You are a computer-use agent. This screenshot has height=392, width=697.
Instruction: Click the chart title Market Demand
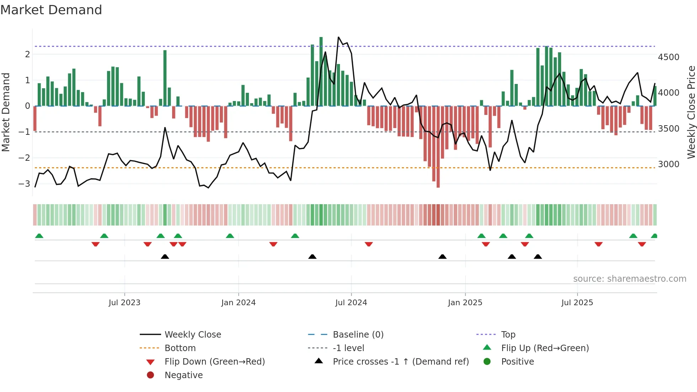click(51, 10)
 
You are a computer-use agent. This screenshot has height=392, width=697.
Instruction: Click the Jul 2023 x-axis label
click(124, 303)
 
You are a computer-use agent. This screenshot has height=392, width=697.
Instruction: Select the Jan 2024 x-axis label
click(238, 303)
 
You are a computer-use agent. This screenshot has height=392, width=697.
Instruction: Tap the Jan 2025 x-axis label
click(465, 303)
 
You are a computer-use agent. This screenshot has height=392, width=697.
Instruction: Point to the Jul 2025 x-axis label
click(577, 303)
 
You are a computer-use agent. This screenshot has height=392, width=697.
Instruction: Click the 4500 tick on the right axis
click(668, 57)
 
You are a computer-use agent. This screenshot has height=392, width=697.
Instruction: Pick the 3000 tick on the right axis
click(668, 164)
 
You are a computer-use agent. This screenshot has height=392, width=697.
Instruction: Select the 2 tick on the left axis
click(27, 54)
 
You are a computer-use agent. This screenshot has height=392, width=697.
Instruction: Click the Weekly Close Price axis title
click(691, 112)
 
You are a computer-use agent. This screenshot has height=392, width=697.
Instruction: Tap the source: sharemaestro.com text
click(629, 279)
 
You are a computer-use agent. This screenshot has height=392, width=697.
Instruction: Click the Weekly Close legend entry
click(192, 335)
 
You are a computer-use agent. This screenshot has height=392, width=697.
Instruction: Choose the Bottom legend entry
click(180, 348)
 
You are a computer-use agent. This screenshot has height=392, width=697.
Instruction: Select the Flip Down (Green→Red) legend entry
click(214, 362)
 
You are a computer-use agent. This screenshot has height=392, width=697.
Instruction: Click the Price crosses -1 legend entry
click(400, 362)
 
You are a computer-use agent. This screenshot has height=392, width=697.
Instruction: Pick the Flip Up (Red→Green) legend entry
click(545, 348)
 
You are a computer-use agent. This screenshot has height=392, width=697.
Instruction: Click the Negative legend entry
click(183, 375)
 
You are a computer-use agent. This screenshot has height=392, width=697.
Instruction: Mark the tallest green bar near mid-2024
click(321, 71)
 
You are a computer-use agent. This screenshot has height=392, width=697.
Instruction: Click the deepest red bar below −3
click(438, 147)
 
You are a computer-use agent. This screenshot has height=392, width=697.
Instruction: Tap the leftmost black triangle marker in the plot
click(165, 256)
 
